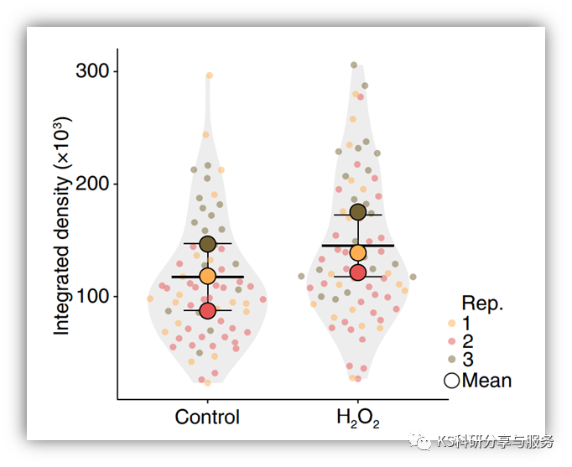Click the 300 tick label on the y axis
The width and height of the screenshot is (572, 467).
click(x=91, y=71)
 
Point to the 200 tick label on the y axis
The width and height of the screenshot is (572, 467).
click(x=91, y=184)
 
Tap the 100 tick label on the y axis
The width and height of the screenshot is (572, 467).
click(x=91, y=296)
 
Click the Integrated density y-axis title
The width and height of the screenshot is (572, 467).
click(x=63, y=226)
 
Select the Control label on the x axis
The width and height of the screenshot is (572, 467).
click(x=207, y=417)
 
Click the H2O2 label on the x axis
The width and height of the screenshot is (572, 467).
click(x=357, y=418)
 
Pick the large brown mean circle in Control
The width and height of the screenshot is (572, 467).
click(x=207, y=244)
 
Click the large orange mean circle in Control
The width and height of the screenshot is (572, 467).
click(x=207, y=276)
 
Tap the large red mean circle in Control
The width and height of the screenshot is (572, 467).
click(x=207, y=311)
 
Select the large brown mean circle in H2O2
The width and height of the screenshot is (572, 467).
click(x=358, y=212)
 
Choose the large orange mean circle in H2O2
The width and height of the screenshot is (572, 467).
click(x=358, y=253)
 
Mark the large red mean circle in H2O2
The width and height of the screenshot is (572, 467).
click(x=358, y=272)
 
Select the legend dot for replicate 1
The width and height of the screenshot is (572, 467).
click(x=452, y=323)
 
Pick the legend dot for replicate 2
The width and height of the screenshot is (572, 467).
click(x=452, y=342)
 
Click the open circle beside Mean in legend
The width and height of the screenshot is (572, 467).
click(x=452, y=381)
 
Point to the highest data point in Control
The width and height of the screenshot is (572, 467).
click(x=210, y=75)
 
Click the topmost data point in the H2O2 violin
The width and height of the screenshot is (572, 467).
click(x=354, y=65)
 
